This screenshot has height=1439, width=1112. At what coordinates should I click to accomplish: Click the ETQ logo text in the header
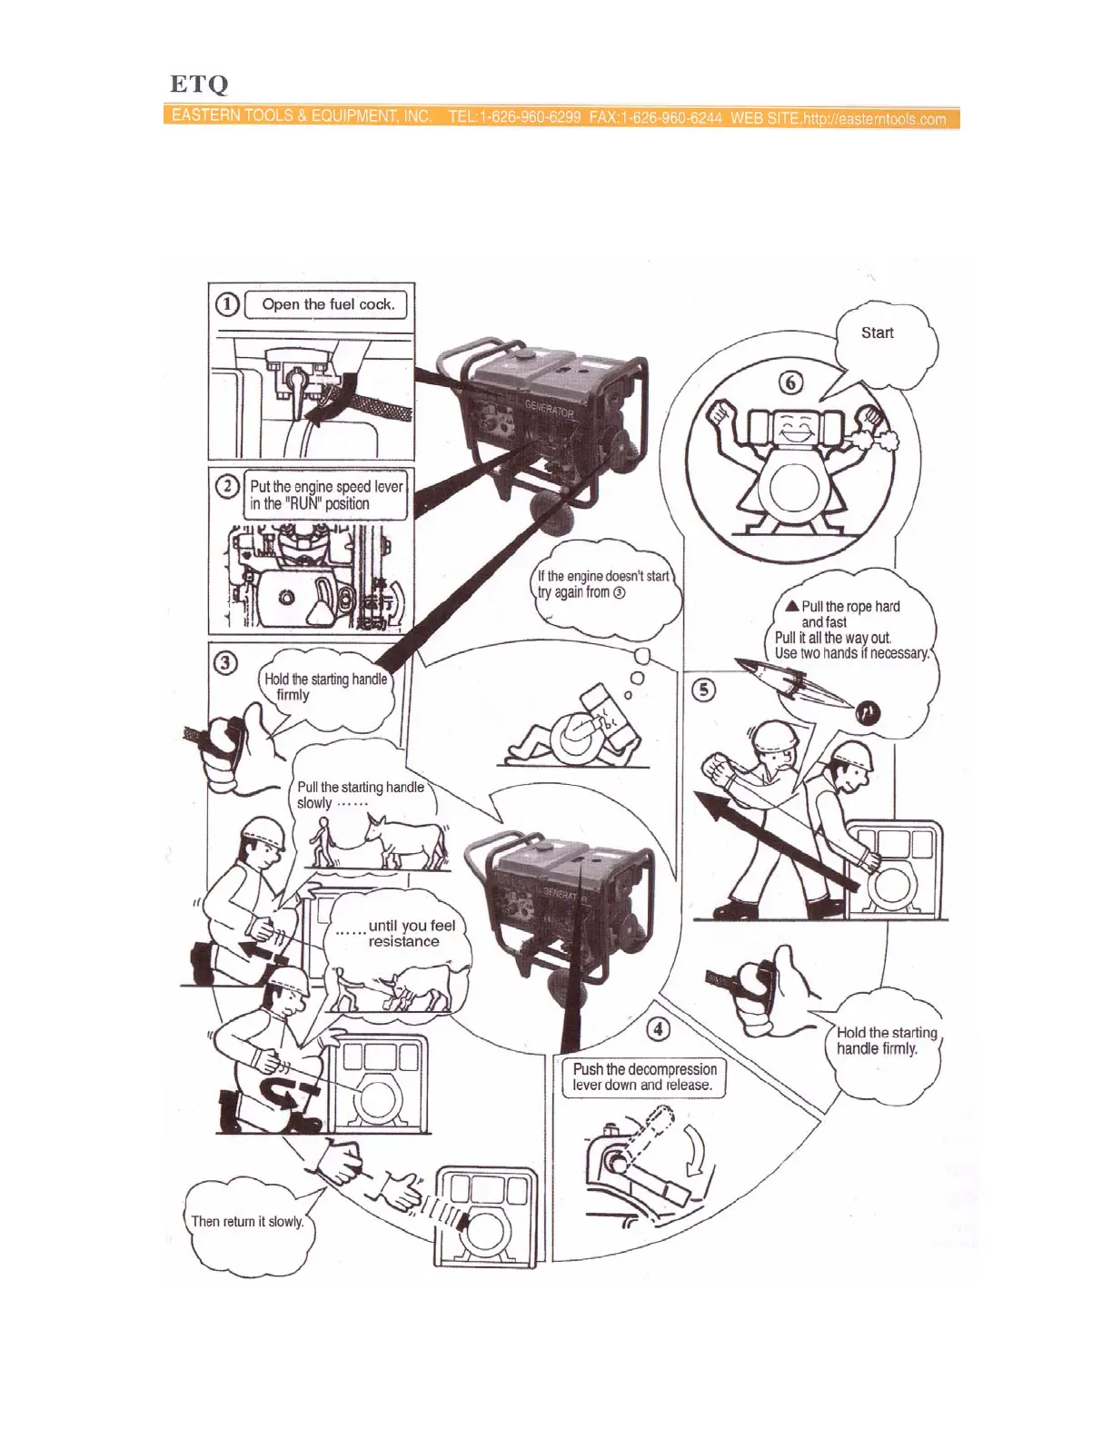[x=199, y=84]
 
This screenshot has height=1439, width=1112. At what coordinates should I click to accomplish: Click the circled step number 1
[x=227, y=304]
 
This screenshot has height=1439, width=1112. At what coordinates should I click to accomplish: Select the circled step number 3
[x=226, y=662]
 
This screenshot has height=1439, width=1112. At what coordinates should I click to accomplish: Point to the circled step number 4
[x=659, y=1029]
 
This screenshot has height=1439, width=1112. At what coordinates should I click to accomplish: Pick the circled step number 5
[x=703, y=690]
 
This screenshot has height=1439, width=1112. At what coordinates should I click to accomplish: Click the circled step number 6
[x=791, y=382]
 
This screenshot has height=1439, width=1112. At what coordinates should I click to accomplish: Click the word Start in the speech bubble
[x=877, y=332]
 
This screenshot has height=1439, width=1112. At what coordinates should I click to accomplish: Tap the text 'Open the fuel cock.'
[x=328, y=304]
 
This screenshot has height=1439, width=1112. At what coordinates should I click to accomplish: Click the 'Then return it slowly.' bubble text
[x=247, y=1221]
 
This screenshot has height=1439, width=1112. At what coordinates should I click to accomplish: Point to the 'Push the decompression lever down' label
[x=644, y=1077]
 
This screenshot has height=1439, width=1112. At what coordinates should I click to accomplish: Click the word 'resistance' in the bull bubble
[x=403, y=941]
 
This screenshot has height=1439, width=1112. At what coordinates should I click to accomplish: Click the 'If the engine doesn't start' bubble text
[x=603, y=584]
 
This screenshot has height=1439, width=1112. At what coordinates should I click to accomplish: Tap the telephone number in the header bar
[x=514, y=117]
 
